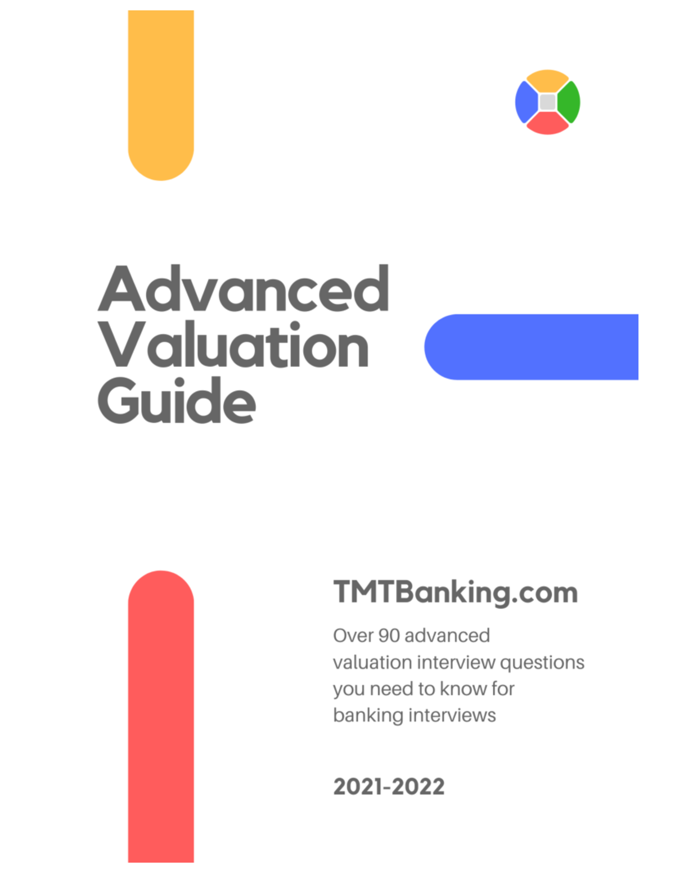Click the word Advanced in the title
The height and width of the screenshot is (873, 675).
click(243, 289)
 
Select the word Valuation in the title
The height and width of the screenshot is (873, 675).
click(234, 345)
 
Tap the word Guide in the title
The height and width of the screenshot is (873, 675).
click(177, 400)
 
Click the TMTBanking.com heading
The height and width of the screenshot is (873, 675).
click(456, 592)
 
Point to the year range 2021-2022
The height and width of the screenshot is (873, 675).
click(389, 786)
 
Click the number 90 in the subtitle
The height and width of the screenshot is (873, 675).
click(389, 636)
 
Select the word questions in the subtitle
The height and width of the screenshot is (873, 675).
click(542, 663)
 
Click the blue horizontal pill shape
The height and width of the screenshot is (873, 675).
click(531, 347)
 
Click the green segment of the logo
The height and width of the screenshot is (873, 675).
click(570, 102)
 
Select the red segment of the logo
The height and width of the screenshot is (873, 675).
click(547, 124)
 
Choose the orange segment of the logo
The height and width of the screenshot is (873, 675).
click(547, 80)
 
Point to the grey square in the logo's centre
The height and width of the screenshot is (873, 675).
click(547, 102)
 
